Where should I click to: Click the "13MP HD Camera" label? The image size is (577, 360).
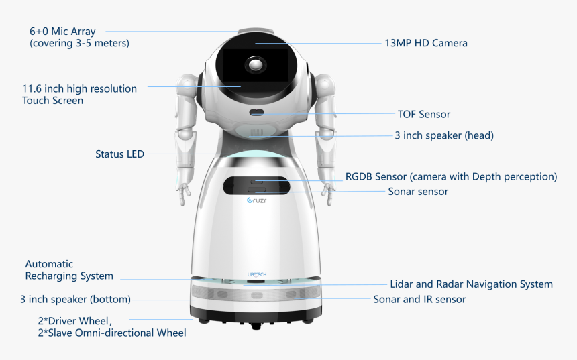coord(425,43)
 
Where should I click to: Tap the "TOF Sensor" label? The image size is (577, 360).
coord(423,115)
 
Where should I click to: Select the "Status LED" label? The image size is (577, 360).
coord(119,154)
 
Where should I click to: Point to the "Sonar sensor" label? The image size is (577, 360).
coord(418,192)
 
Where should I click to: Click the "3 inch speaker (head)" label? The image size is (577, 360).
coord(444,135)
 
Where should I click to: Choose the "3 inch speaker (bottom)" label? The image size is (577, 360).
coord(75,300)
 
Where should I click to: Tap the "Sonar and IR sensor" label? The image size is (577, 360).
coord(419,299)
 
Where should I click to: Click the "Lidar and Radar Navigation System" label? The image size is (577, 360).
coord(471,284)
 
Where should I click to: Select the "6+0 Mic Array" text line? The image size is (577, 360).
coord(62,32)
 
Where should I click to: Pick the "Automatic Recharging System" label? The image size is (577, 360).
coord(68,270)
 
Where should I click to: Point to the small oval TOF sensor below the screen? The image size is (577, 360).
coord(257,113)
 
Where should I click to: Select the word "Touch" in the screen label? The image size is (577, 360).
coord(36,101)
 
